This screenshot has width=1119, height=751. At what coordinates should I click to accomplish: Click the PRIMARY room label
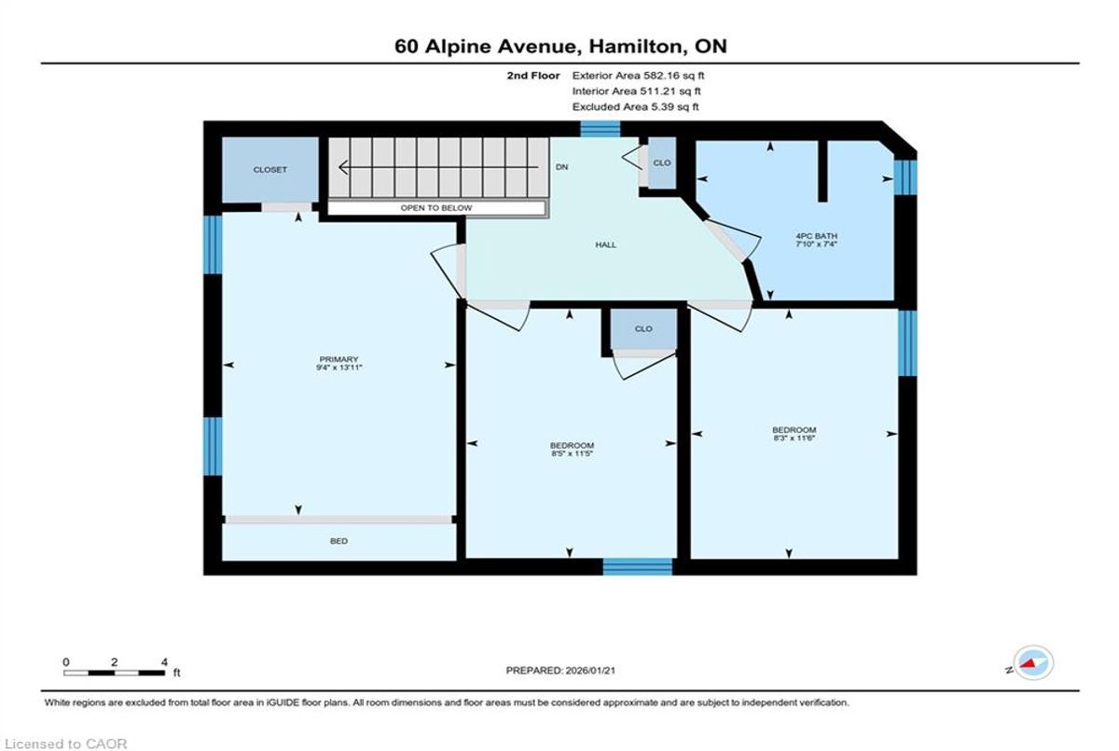coord(338,359)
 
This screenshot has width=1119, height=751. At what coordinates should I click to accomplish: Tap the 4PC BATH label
coord(816,236)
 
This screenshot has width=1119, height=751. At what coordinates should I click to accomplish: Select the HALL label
coord(605,244)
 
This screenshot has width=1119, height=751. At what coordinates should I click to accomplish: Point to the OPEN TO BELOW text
coord(436,208)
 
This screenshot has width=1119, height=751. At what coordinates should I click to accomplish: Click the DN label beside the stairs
coord(562,167)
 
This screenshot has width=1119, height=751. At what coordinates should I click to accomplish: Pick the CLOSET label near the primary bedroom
coord(270,170)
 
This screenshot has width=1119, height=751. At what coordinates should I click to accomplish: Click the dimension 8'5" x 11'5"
coord(572,453)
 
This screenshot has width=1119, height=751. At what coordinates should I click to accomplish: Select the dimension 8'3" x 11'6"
coord(794,438)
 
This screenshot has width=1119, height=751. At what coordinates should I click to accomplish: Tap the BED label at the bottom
coord(338,541)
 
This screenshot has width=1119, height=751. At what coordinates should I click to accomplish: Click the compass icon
coord(1033,663)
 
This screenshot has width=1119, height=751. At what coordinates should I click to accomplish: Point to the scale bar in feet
coord(115,673)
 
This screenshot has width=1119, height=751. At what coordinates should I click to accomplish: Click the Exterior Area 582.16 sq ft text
coord(638,76)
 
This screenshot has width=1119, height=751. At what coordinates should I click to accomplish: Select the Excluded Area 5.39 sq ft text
coord(635,106)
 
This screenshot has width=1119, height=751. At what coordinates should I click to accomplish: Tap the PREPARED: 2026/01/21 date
coord(560,671)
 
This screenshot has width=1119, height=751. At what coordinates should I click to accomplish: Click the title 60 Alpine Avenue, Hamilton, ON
coord(560,47)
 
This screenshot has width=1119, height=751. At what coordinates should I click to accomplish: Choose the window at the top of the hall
coord(600,129)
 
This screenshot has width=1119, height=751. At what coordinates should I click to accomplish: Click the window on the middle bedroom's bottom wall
coord(638,566)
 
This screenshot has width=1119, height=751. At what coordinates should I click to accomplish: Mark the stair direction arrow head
coord(343,167)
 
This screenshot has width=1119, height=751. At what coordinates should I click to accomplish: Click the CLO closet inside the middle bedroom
coord(643,328)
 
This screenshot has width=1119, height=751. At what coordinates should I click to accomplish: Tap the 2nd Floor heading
coord(533,76)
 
